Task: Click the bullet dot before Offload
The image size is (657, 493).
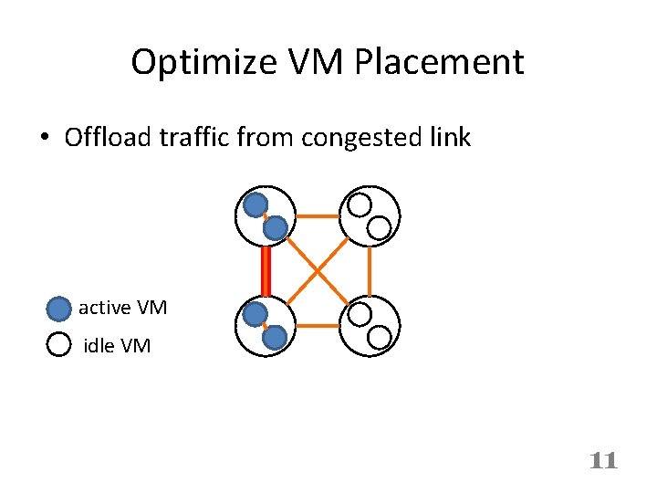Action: (44, 139)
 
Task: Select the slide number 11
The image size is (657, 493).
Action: (603, 460)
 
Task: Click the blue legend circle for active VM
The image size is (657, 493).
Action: (58, 309)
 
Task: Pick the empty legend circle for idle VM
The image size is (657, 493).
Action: (58, 345)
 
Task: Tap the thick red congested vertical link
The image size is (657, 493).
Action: (266, 269)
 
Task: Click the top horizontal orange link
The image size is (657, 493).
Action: (318, 216)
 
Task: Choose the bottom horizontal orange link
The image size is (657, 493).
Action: (318, 325)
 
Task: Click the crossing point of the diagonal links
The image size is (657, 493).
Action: (318, 270)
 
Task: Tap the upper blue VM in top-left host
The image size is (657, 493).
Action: (255, 204)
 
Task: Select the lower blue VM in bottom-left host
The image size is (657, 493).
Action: (275, 338)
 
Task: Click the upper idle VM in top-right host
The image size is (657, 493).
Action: (360, 204)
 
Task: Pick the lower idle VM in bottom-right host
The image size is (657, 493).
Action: (380, 337)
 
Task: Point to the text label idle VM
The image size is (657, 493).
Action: (117, 346)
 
